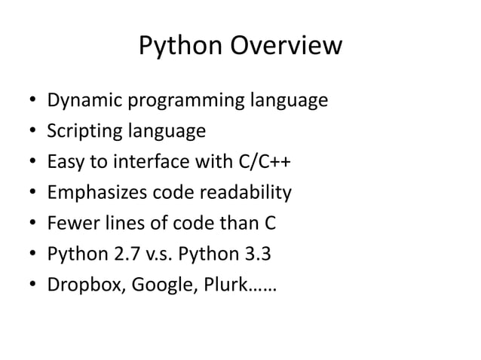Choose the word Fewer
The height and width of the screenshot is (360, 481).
coord(69,224)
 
